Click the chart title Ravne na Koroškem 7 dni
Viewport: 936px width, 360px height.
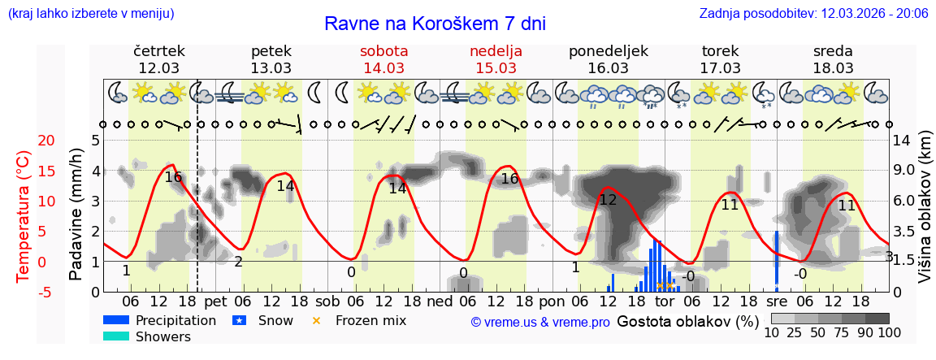click(x=435, y=23)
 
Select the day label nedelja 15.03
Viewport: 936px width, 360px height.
click(x=496, y=59)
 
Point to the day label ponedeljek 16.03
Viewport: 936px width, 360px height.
click(x=609, y=59)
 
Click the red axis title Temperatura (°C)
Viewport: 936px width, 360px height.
click(x=24, y=215)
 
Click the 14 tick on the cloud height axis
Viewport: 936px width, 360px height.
click(x=902, y=141)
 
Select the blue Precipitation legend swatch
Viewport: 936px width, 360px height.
click(x=117, y=320)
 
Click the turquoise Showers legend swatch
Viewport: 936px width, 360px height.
click(x=117, y=336)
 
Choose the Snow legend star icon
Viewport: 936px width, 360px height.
click(x=240, y=320)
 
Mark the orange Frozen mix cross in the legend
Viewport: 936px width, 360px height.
click(x=317, y=320)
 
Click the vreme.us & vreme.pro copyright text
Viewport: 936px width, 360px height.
click(x=540, y=322)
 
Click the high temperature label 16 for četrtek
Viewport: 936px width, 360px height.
click(x=173, y=177)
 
